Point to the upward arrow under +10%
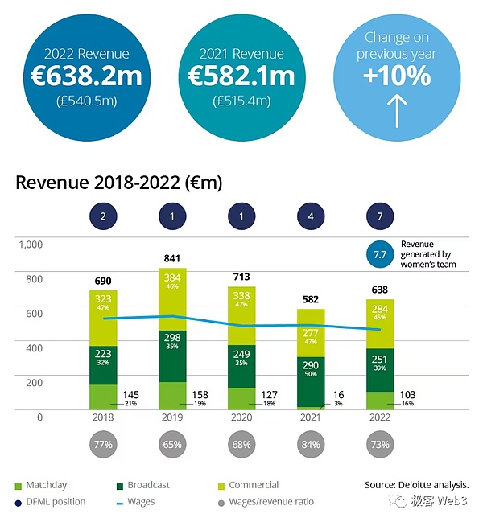pos(397,110)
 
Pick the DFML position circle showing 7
pos(379,217)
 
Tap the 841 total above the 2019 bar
pos(173,259)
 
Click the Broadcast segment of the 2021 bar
pos(311,380)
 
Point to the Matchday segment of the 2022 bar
pos(379,401)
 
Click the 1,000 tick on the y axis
pos(29,244)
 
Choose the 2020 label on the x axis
pos(242,418)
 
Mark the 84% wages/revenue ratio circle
pos(311,445)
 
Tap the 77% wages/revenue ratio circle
pos(104,445)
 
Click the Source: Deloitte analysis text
pos(415,486)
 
